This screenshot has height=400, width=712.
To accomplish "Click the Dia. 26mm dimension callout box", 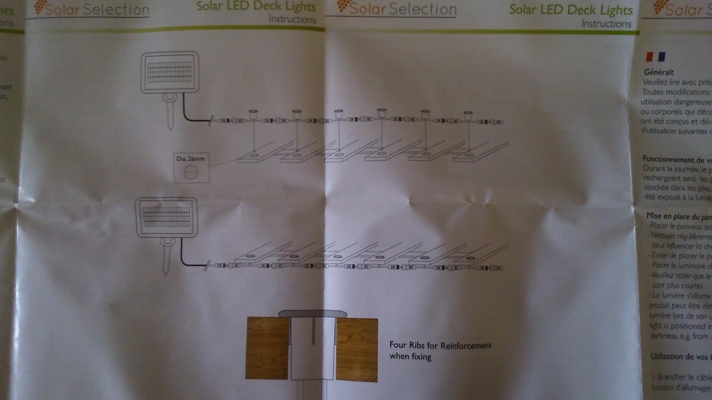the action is [192, 168].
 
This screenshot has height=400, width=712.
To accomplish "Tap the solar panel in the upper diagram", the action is [170, 73].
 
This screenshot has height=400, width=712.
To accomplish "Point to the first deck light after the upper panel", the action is [253, 114].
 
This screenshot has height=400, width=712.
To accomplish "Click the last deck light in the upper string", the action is [467, 114].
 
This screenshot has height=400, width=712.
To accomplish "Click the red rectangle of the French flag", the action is [650, 57].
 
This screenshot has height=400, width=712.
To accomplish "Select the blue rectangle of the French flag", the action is [661, 57].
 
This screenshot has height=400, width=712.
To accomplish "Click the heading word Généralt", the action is [658, 72].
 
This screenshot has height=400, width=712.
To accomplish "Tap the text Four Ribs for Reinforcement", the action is [440, 345].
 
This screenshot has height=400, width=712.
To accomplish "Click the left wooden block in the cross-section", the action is [267, 348].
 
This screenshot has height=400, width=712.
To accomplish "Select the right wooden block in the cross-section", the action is [357, 349].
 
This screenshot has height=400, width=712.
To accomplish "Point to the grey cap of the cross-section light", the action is [313, 314].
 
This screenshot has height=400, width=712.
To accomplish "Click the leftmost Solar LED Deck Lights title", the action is [256, 6].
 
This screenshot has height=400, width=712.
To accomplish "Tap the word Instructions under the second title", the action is [606, 24].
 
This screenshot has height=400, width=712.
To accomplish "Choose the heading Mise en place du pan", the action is [679, 216].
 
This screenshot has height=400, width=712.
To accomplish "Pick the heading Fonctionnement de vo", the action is [676, 159].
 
